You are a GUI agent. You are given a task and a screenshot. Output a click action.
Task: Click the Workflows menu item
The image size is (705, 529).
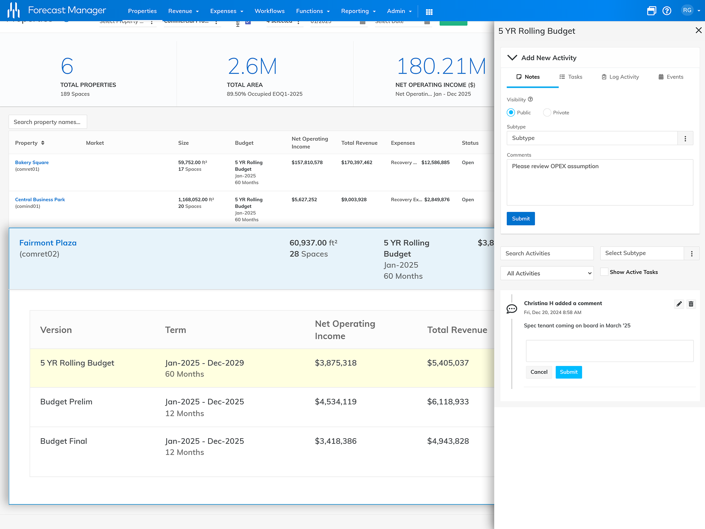point(270,11)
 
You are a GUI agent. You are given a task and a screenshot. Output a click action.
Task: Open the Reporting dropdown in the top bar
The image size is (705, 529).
point(358,11)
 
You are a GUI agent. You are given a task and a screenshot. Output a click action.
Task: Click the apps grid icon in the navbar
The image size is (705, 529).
point(429,12)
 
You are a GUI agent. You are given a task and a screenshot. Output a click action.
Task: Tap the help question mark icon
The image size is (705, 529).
point(667,11)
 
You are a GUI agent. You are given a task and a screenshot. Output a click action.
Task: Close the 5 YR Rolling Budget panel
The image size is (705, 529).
point(698,30)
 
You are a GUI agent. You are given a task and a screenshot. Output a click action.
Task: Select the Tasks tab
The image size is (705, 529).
point(571,77)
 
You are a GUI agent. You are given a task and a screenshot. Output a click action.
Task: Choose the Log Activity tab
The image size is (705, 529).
point(620,77)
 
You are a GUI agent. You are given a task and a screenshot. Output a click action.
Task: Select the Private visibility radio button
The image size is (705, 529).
point(547,112)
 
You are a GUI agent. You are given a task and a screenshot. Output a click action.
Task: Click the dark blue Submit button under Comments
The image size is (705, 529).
point(520,219)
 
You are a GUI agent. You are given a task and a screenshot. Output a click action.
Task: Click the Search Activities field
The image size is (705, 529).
point(547,253)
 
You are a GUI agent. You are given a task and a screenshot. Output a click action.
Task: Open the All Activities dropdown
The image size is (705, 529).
point(547,273)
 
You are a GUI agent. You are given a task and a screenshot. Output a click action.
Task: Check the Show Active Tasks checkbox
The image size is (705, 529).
point(604,272)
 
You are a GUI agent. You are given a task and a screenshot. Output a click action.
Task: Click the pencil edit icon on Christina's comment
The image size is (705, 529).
point(679,304)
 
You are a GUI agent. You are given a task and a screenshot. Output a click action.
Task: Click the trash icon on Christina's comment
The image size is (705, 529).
point(691,304)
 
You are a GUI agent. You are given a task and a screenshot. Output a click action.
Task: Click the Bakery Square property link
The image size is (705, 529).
point(32,162)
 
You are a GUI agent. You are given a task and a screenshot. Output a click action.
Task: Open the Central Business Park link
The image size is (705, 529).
point(40,199)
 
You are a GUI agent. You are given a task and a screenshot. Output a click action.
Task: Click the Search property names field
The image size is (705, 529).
point(48,122)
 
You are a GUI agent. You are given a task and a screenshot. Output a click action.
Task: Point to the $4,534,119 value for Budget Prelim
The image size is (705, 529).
point(336,402)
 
